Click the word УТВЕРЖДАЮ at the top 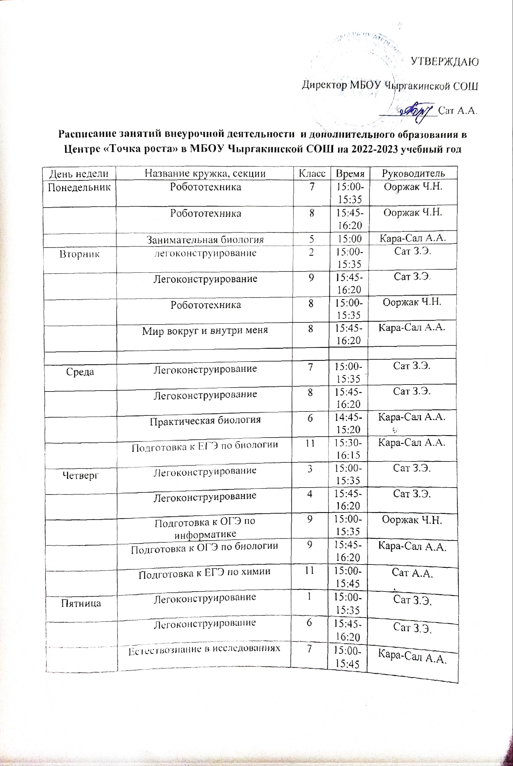click(445, 62)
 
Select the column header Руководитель click(413, 173)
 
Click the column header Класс click(312, 173)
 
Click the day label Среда click(80, 371)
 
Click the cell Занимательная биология click(205, 239)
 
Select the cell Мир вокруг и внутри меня click(205, 330)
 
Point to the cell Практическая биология click(205, 420)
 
